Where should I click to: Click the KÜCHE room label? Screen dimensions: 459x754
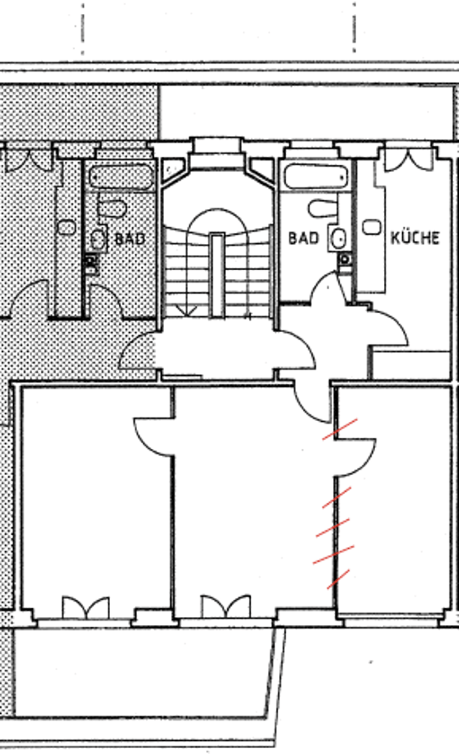[415, 238]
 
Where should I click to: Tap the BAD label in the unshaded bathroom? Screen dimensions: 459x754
[303, 238]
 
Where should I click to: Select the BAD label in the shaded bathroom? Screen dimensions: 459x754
[130, 239]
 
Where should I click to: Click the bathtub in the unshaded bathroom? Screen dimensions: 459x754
[316, 176]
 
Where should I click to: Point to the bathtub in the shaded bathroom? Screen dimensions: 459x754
[122, 176]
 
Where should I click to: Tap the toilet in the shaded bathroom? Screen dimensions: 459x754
[112, 209]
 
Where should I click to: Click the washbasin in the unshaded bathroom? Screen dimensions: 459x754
[338, 238]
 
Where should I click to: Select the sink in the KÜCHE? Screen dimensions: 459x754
[372, 227]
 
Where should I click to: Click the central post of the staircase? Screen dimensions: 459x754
[217, 275]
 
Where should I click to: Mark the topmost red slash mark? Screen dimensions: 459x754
[340, 429]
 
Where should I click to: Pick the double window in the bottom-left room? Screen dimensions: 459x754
[86, 608]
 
